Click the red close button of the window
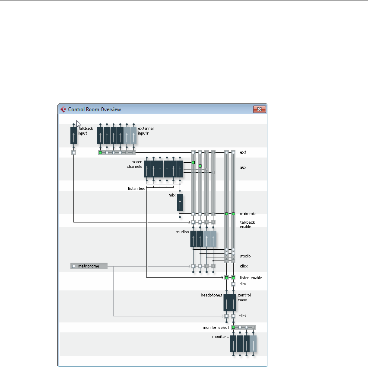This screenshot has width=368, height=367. pyautogui.click(x=259, y=109)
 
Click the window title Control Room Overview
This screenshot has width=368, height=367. pyautogui.click(x=94, y=109)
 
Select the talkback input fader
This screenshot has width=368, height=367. pyautogui.click(x=73, y=135)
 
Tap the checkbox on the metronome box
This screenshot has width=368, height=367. pyautogui.click(x=74, y=266)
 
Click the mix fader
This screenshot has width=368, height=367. pyautogui.click(x=180, y=202)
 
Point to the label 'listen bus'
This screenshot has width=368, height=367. pyautogui.click(x=136, y=188)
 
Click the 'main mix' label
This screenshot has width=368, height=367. pyautogui.click(x=248, y=213)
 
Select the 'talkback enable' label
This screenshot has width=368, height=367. pyautogui.click(x=248, y=224)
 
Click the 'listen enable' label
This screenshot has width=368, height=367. pyautogui.click(x=251, y=277)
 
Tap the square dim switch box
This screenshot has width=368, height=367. pyautogui.click(x=233, y=284)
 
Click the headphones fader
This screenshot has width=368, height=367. pyautogui.click(x=227, y=302)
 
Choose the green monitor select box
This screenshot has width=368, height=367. pyautogui.click(x=233, y=328)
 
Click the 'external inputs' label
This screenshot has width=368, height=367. pyautogui.click(x=146, y=131)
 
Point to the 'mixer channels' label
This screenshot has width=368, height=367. pyautogui.click(x=134, y=164)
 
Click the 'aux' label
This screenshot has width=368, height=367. pyautogui.click(x=243, y=167)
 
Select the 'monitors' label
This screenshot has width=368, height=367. pyautogui.click(x=220, y=336)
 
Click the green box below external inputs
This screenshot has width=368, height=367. pyautogui.click(x=100, y=152)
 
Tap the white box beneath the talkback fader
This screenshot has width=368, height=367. pyautogui.click(x=73, y=152)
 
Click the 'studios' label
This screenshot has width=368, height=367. pyautogui.click(x=182, y=232)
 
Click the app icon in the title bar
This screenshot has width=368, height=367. pyautogui.click(x=63, y=109)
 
